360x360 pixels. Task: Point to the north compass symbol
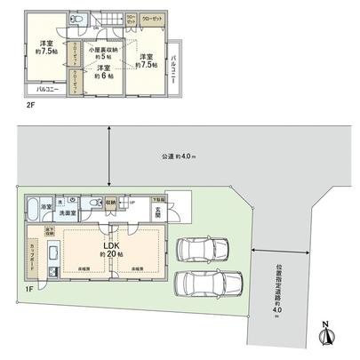(x=326, y=335)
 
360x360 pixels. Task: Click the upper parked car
(x=202, y=248)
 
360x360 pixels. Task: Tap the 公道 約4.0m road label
(x=178, y=157)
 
